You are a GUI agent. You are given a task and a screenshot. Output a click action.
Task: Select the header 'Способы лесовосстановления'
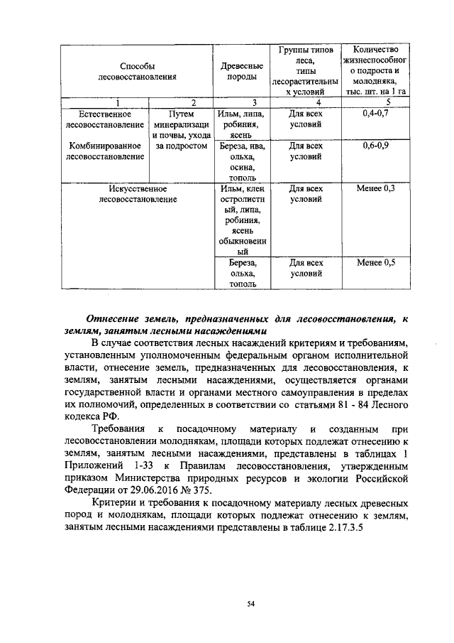(x=137, y=71)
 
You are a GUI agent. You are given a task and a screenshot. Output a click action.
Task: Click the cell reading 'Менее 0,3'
(x=375, y=189)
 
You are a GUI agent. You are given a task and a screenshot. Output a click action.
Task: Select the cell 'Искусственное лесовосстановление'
(x=138, y=194)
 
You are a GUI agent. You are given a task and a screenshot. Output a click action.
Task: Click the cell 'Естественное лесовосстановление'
(x=103, y=119)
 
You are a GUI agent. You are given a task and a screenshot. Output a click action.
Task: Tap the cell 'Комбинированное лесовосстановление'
(x=103, y=151)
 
